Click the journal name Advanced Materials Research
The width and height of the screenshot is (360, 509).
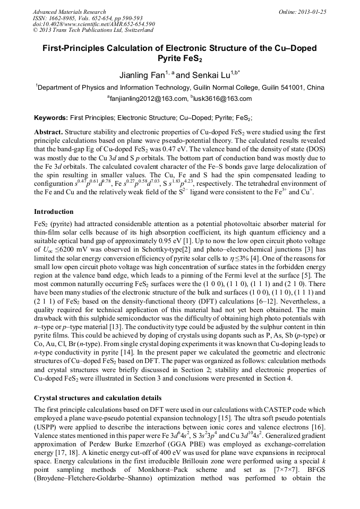pyautogui.click(x=69, y=12)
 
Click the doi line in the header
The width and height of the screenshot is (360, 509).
pyautogui.click(x=93, y=24)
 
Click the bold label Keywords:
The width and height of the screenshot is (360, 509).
pyautogui.click(x=52, y=117)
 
